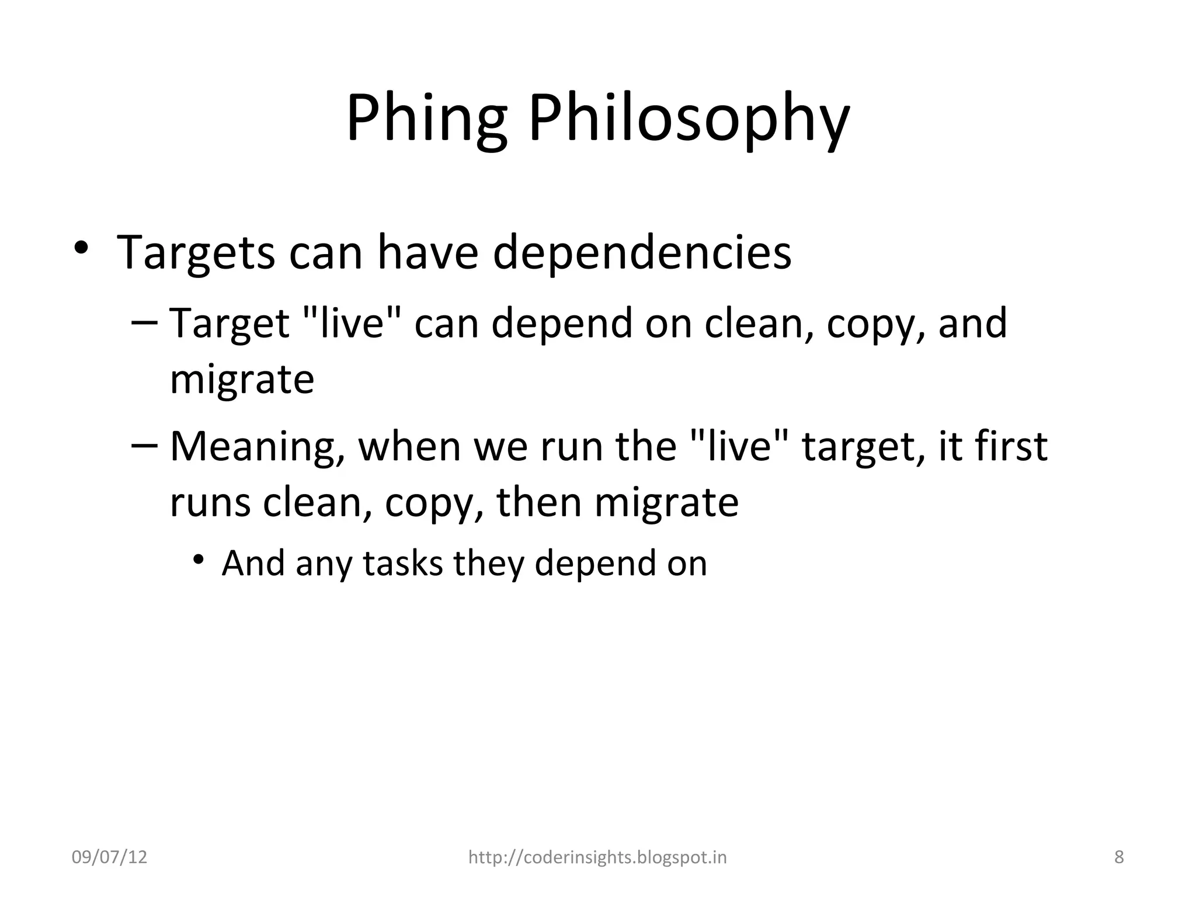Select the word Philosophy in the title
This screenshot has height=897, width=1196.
689,120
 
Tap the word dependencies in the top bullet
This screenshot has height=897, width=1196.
642,253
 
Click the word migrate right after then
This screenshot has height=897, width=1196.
666,503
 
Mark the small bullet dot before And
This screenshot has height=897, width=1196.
199,559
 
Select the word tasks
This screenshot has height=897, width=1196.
402,564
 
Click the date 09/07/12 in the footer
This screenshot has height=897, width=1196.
109,857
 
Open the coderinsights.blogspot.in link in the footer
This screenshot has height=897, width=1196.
597,857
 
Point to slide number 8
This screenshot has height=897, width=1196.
1119,857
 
